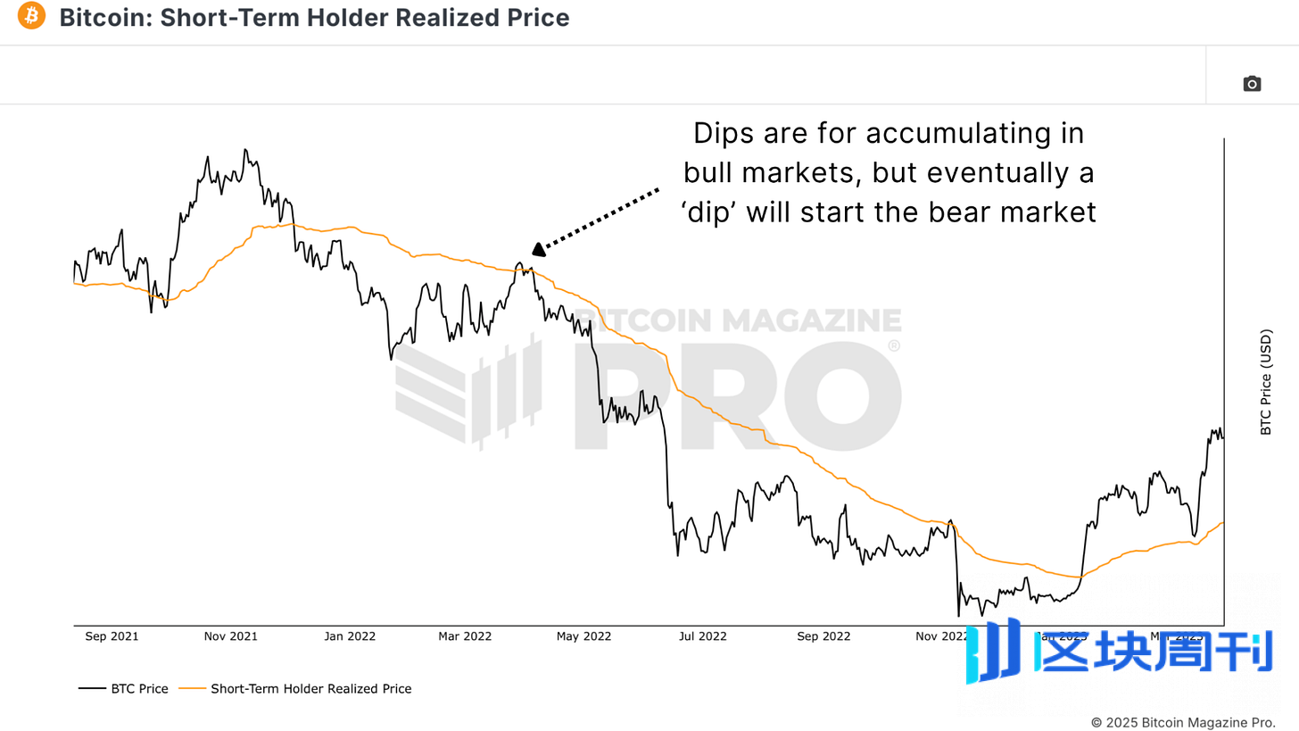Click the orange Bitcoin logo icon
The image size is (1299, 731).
(x=31, y=16)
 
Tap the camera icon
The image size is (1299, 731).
(x=1252, y=84)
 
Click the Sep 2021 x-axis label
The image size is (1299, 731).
(x=112, y=636)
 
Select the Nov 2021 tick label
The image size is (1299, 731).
(x=230, y=636)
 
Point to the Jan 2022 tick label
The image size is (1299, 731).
(x=350, y=636)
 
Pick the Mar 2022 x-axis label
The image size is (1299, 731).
(x=465, y=636)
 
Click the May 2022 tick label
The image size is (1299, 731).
(x=583, y=636)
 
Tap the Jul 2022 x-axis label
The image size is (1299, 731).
(x=703, y=636)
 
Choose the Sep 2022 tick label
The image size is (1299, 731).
(x=823, y=636)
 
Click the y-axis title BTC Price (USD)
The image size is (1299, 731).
(x=1266, y=383)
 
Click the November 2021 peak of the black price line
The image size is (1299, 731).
(x=245, y=150)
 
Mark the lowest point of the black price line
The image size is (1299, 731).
(x=958, y=616)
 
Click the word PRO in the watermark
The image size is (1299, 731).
(x=736, y=393)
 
